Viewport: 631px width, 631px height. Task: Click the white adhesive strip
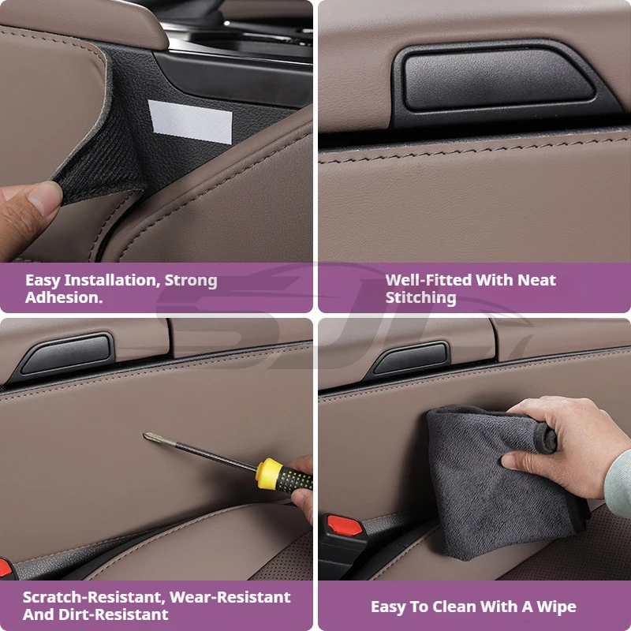(190, 121)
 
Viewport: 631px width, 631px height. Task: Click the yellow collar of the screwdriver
(268, 474)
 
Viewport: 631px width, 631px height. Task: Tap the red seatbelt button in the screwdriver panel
(5, 567)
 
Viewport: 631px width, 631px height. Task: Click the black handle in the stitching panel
(498, 78)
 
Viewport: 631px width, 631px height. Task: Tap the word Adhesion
(64, 297)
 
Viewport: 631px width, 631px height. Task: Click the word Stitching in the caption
(420, 298)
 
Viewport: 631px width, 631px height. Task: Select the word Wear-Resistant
(230, 597)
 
